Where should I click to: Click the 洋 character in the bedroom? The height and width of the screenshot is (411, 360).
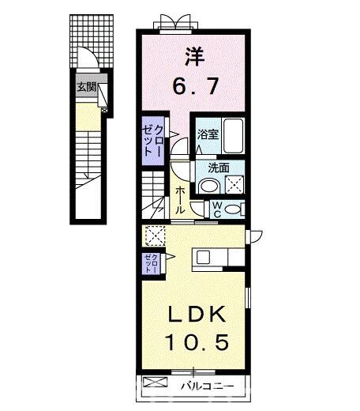click(193, 56)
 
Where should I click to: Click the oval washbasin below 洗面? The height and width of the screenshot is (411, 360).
click(208, 187)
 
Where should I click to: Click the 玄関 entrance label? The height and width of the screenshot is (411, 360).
click(85, 87)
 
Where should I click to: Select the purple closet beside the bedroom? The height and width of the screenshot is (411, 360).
click(154, 141)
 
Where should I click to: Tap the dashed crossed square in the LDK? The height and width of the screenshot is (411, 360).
click(155, 235)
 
